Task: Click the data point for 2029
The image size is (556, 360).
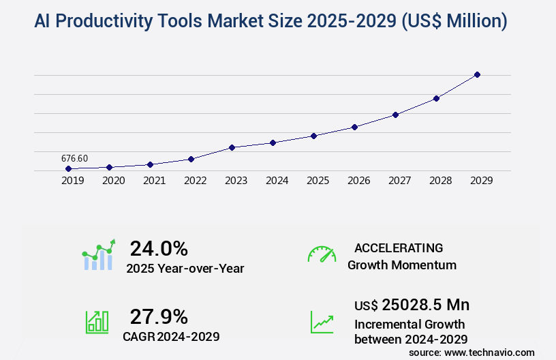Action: (x=477, y=74)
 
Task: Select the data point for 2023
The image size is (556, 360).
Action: (x=232, y=147)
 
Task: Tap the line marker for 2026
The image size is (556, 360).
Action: (x=354, y=127)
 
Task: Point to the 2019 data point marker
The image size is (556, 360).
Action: (x=68, y=168)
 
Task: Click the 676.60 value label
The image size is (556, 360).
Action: (x=74, y=158)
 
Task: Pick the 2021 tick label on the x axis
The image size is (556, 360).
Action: (x=154, y=181)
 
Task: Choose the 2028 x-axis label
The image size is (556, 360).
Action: (x=440, y=181)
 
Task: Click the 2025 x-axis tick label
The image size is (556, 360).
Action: (x=318, y=181)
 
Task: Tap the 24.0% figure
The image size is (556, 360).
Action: (x=159, y=248)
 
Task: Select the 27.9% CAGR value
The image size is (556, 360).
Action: (x=159, y=316)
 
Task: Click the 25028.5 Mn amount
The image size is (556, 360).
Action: (x=425, y=304)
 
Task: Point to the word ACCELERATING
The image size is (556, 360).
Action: (x=399, y=247)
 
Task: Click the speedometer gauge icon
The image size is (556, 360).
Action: (x=322, y=254)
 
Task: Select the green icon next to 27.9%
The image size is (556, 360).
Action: (x=97, y=322)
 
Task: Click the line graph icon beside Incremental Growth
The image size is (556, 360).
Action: (x=322, y=322)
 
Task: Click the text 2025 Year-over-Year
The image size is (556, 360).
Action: (x=185, y=269)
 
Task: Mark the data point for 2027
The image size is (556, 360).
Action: (x=395, y=115)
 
